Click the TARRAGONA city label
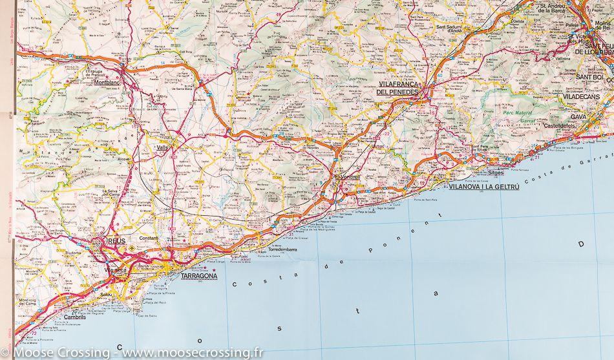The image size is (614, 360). (x=194, y=274)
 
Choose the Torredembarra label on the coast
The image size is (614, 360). (x=282, y=249)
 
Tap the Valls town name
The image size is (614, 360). (x=162, y=147)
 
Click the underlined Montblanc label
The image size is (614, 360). (x=107, y=83)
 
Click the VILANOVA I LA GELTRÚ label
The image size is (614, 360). (x=483, y=185)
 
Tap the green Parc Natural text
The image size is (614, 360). (x=516, y=113)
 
